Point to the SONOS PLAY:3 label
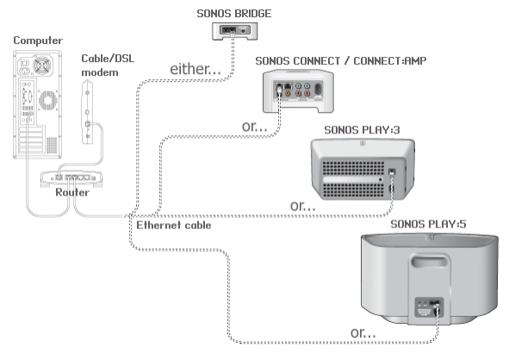(362, 130)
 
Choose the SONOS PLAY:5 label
(428, 224)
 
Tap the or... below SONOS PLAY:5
(362, 332)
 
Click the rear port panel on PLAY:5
(427, 307)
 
